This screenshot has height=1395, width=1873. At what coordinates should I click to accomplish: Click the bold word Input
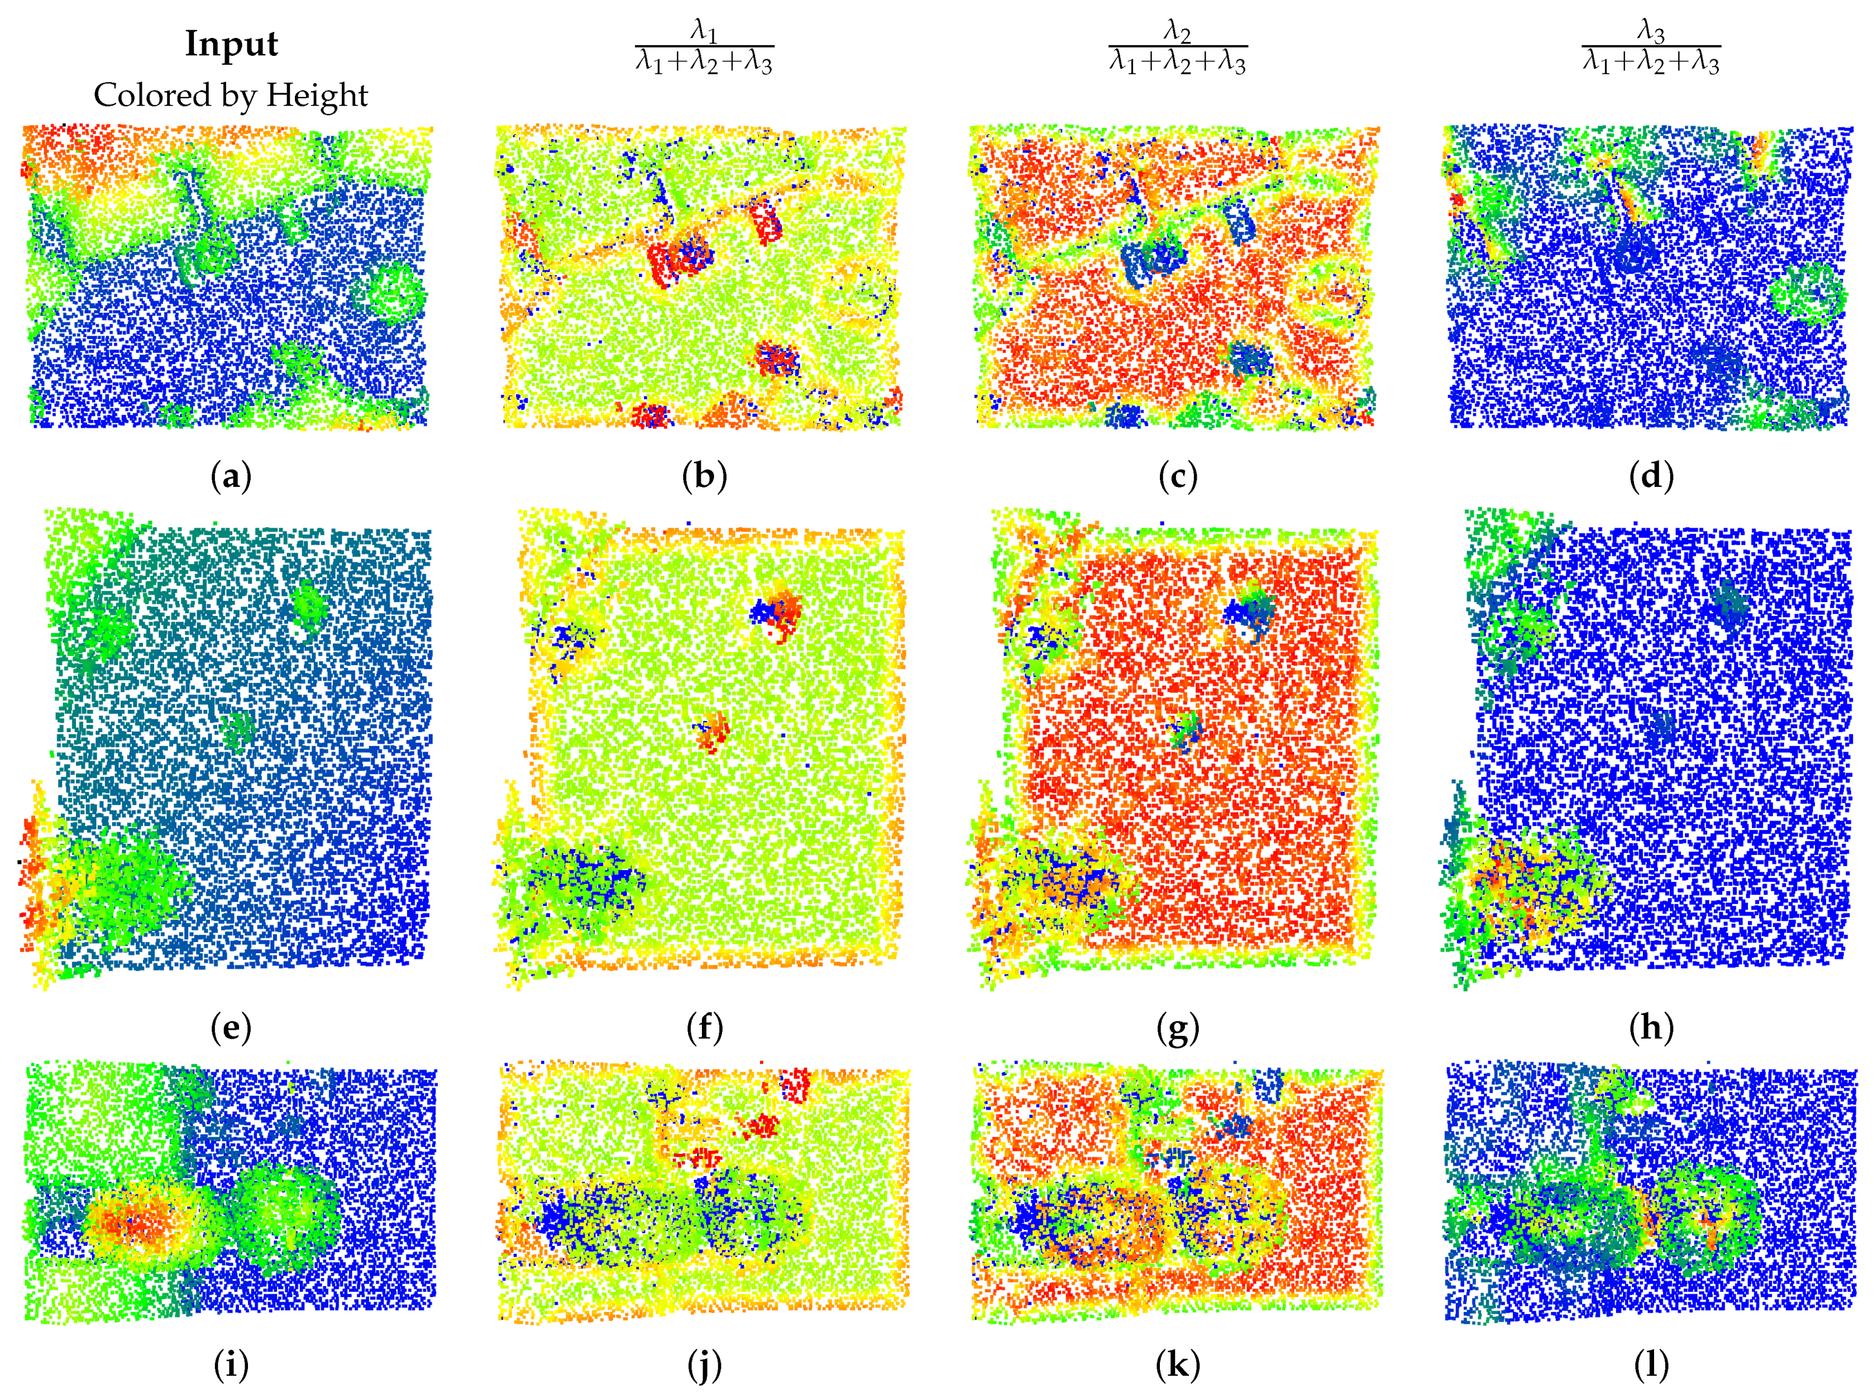click(231, 44)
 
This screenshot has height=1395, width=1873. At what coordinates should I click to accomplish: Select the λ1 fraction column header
click(704, 48)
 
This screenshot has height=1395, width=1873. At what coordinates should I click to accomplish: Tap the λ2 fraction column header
click(1177, 48)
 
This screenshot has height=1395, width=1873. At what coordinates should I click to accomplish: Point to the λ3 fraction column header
click(1651, 48)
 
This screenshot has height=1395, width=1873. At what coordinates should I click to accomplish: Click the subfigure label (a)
click(231, 477)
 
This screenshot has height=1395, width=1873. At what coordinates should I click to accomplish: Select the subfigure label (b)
click(704, 477)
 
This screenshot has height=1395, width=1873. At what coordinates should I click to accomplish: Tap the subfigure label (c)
click(1177, 477)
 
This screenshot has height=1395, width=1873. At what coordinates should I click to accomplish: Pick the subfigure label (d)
click(1651, 477)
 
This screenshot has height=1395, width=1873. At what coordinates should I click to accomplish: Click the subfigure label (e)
click(231, 1028)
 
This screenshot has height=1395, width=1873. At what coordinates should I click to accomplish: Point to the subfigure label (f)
click(704, 1028)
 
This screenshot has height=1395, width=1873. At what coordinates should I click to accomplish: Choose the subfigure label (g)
click(1177, 1028)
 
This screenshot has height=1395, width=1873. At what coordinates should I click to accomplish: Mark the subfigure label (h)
click(1651, 1028)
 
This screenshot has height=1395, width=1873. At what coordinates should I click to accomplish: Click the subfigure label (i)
click(231, 1365)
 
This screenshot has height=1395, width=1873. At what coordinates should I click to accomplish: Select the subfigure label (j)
click(704, 1365)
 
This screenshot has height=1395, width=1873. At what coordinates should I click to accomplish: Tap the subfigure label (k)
click(1177, 1365)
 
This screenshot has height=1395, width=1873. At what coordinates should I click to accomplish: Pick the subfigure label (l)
click(1651, 1365)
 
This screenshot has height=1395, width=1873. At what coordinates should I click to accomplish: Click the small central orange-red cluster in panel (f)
click(711, 730)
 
